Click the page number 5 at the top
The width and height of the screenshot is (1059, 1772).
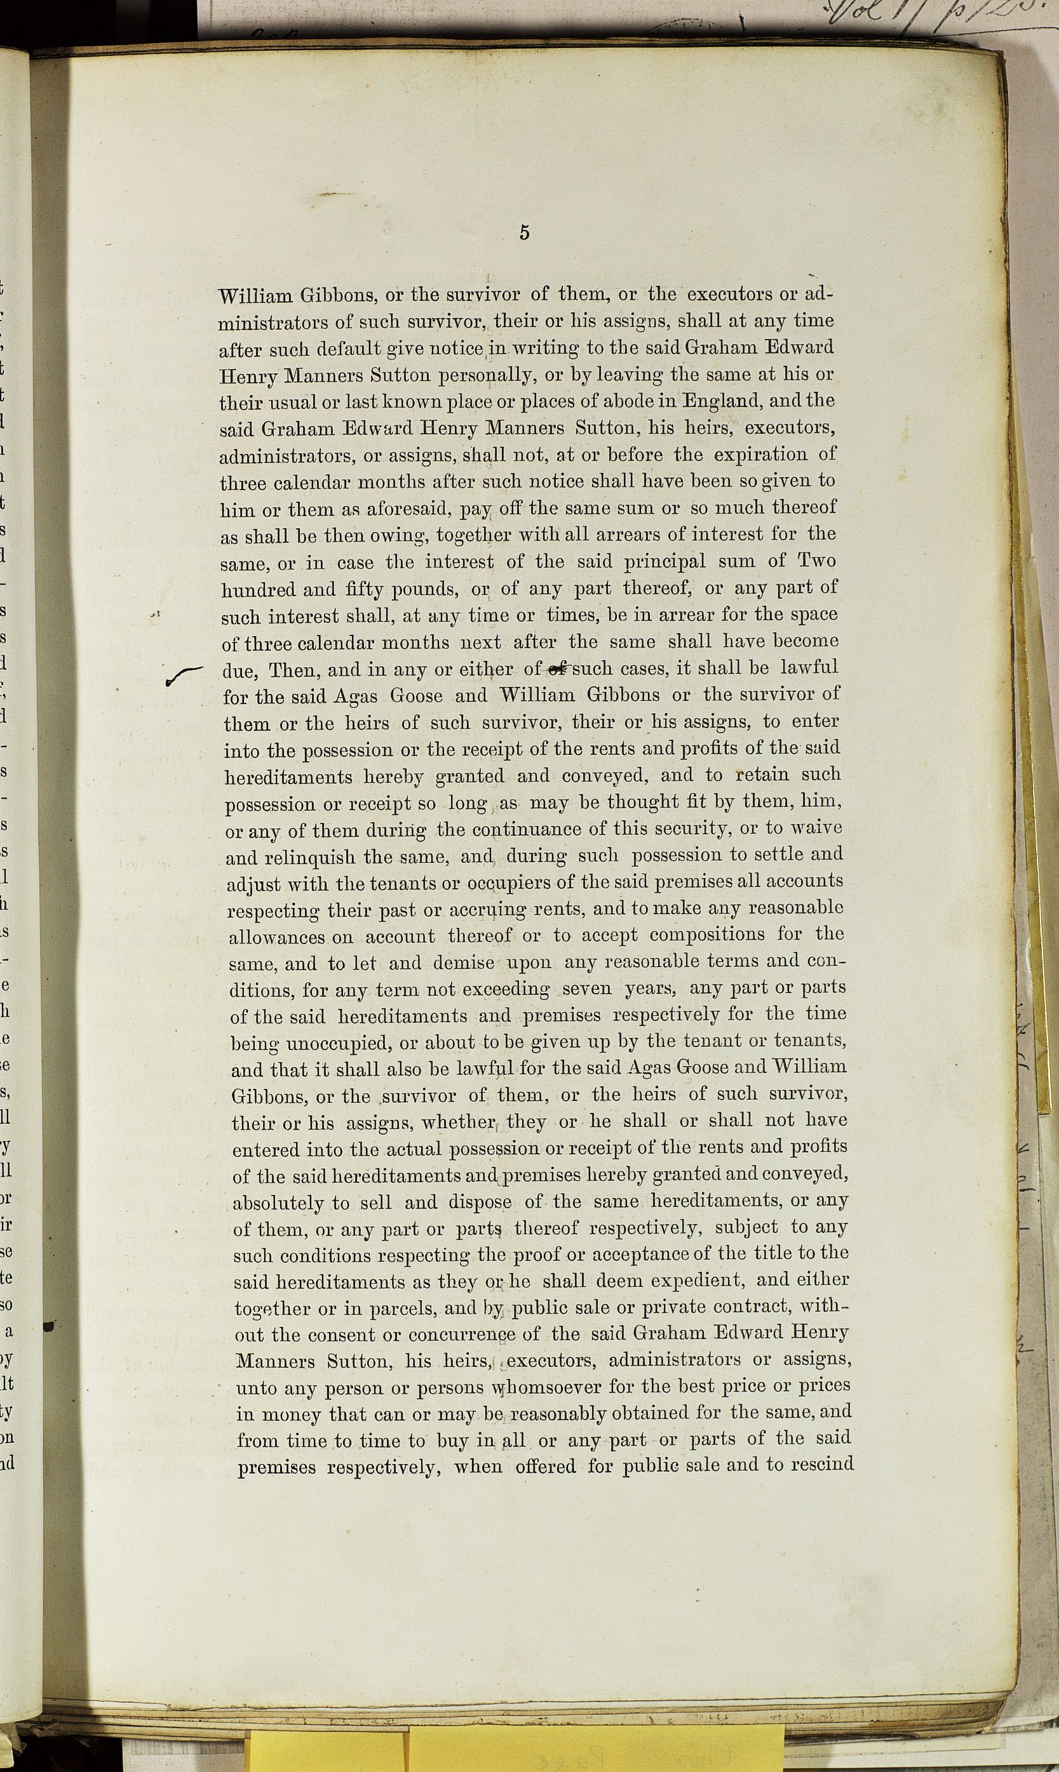(525, 232)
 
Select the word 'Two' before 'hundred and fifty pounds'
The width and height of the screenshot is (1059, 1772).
(816, 561)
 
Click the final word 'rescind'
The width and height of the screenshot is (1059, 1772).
(818, 1467)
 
